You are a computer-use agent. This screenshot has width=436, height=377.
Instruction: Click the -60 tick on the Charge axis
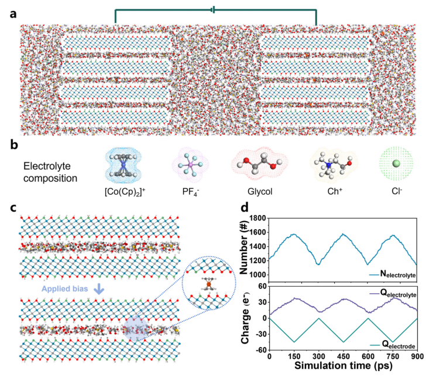pos(259,351)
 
